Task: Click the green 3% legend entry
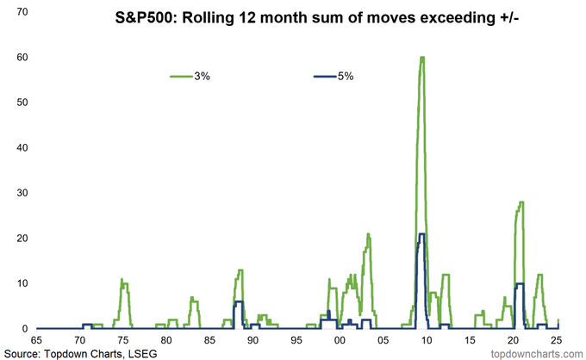(190, 76)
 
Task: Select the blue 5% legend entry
(334, 76)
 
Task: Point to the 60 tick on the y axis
(22, 57)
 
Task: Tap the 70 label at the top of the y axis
(22, 12)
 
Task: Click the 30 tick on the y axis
(22, 193)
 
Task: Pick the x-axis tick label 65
(36, 340)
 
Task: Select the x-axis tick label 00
(340, 340)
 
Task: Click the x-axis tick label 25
(557, 340)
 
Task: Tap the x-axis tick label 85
(209, 340)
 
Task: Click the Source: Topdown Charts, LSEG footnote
(80, 353)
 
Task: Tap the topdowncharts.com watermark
(537, 353)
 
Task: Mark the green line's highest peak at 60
(422, 57)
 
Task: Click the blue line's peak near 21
(422, 233)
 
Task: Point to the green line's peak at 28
(521, 202)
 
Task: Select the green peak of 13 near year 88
(240, 270)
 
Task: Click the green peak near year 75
(122, 279)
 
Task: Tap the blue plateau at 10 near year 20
(520, 283)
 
